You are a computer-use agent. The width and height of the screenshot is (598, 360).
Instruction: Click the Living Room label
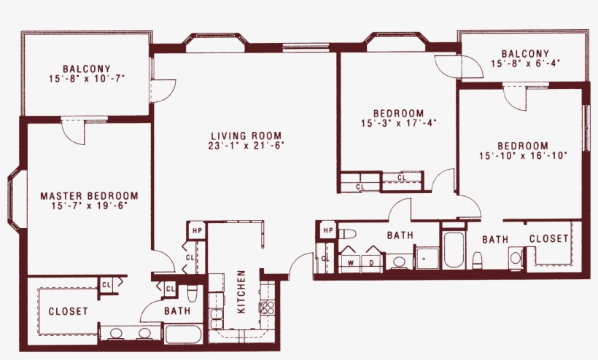click(244, 135)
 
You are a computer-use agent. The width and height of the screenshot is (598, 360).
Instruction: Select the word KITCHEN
click(241, 291)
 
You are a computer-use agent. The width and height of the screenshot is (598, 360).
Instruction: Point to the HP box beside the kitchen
click(196, 230)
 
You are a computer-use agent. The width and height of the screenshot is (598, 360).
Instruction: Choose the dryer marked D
click(370, 262)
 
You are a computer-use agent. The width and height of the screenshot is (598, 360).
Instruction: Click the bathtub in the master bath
click(187, 334)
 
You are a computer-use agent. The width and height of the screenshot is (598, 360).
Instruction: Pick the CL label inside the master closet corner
click(106, 284)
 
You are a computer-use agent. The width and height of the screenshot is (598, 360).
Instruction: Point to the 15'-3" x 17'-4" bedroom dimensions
click(398, 123)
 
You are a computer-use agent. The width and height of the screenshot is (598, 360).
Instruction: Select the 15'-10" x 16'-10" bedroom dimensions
click(523, 155)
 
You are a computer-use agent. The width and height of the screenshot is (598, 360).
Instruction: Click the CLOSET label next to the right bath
click(548, 238)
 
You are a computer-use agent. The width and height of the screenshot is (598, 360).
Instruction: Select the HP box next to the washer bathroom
click(327, 230)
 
